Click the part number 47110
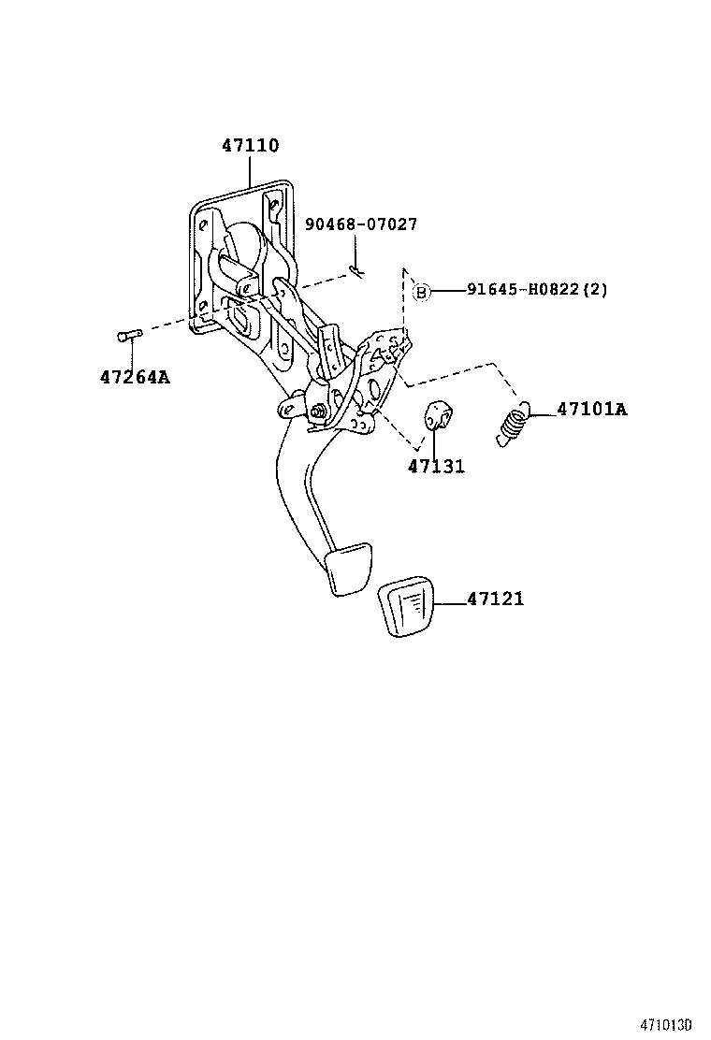click(x=250, y=146)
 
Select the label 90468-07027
click(x=360, y=224)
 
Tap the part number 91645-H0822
click(x=524, y=291)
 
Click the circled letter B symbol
click(x=421, y=292)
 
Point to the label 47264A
click(x=135, y=378)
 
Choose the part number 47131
click(x=436, y=467)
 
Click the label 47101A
click(x=591, y=410)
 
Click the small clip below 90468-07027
click(x=356, y=270)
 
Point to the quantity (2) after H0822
click(x=595, y=291)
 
